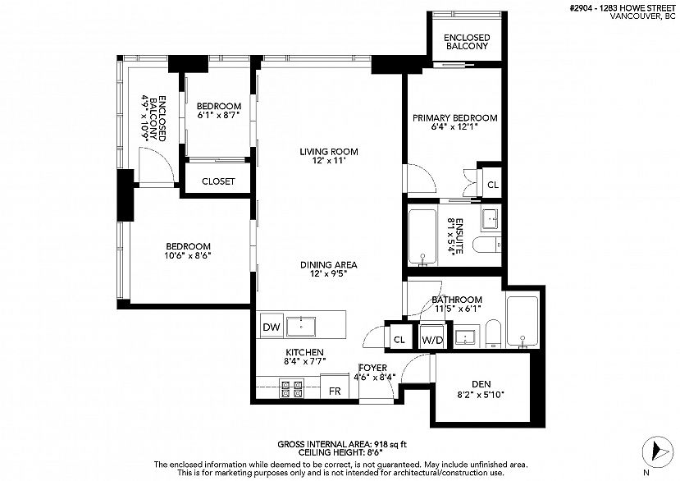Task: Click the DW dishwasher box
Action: (x=272, y=326)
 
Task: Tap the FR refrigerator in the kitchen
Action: (x=335, y=387)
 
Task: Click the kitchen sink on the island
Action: (x=301, y=327)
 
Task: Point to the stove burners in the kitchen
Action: (x=292, y=389)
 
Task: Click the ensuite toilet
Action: (x=487, y=245)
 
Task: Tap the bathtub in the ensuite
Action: (x=422, y=237)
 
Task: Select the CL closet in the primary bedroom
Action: (x=493, y=185)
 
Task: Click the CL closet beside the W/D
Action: (x=399, y=340)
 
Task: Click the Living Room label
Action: (x=329, y=152)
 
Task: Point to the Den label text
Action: (x=481, y=384)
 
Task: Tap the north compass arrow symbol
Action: (x=658, y=452)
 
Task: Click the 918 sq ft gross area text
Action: (x=390, y=444)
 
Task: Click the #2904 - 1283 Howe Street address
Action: (x=623, y=8)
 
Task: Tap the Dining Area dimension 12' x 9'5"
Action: (x=329, y=274)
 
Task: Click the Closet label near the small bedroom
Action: (x=218, y=181)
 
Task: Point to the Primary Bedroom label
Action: (x=455, y=117)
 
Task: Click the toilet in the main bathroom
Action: (x=493, y=333)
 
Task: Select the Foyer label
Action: (x=372, y=368)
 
